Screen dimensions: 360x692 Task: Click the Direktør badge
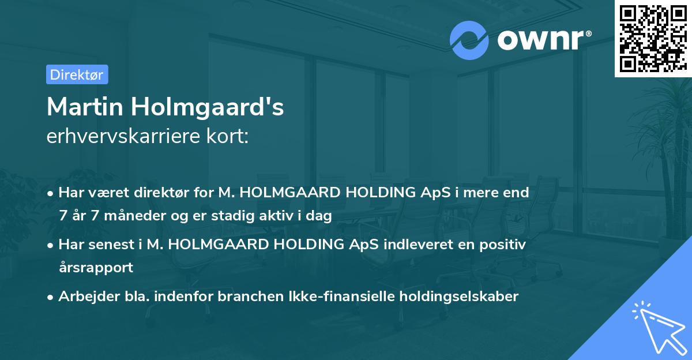(x=77, y=74)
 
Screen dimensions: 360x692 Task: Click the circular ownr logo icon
(x=469, y=40)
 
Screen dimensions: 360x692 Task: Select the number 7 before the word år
(x=62, y=217)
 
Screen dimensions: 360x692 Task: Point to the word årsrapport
(x=96, y=268)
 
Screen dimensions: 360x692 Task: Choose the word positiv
(x=503, y=244)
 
